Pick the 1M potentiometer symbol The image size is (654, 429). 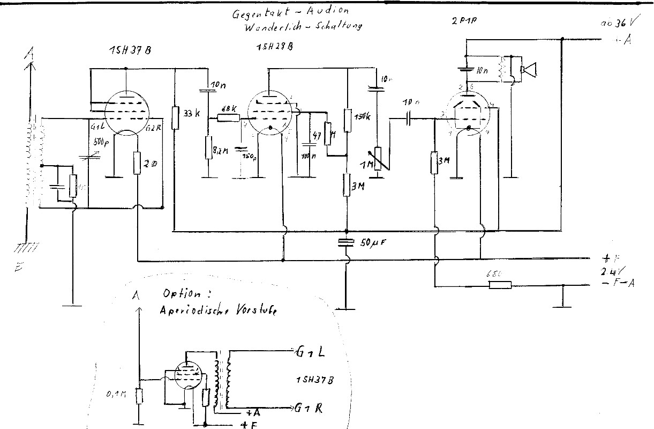pos(378,159)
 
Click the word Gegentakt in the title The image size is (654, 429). pos(254,13)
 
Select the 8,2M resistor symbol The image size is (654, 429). pos(207,148)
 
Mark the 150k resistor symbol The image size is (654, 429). pos(347,120)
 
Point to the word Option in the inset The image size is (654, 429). pos(182,294)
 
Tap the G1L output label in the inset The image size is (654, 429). pos(309,352)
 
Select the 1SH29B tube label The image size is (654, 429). pos(274,46)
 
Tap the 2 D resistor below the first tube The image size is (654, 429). pos(138,162)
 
